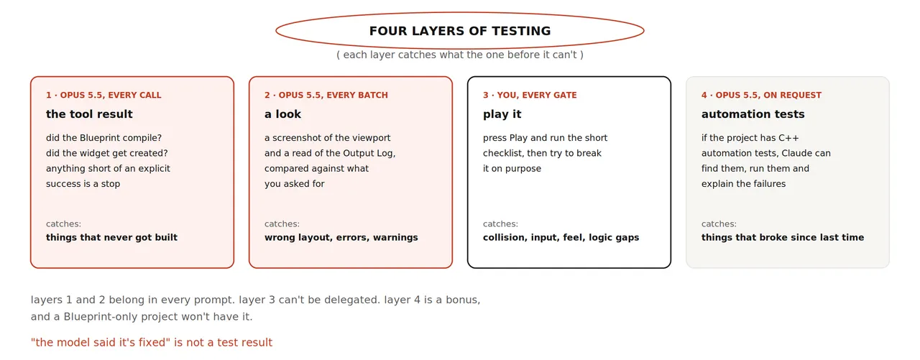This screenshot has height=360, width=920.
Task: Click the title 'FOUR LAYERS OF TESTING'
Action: click(x=459, y=31)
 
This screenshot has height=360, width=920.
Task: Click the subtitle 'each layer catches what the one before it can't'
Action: click(x=460, y=55)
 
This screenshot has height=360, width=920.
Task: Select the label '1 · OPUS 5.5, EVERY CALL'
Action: click(x=103, y=96)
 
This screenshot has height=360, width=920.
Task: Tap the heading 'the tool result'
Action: click(x=89, y=114)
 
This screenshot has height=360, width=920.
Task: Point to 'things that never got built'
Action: click(x=111, y=237)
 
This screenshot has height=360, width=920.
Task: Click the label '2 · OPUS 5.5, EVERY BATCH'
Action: click(x=326, y=96)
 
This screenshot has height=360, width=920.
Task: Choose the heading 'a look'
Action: click(x=282, y=114)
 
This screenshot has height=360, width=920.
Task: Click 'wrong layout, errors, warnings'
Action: click(x=341, y=237)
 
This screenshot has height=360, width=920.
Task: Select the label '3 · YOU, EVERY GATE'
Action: click(x=530, y=96)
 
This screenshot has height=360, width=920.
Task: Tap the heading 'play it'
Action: click(x=502, y=114)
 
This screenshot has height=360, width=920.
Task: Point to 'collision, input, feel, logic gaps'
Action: click(x=561, y=237)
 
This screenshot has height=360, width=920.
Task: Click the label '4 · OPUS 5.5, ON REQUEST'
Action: click(x=761, y=96)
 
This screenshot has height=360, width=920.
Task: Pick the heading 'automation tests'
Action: click(x=753, y=114)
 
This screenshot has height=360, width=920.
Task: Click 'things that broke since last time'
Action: click(x=783, y=237)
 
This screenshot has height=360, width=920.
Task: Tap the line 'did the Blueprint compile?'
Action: click(x=104, y=138)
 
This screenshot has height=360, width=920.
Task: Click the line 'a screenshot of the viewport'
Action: click(x=327, y=138)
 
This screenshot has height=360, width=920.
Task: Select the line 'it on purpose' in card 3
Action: click(x=512, y=169)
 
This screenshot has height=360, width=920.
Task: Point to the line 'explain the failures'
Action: click(x=743, y=184)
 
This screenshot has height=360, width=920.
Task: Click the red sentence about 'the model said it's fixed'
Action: click(x=152, y=342)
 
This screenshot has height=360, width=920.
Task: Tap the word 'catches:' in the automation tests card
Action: click(x=719, y=223)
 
